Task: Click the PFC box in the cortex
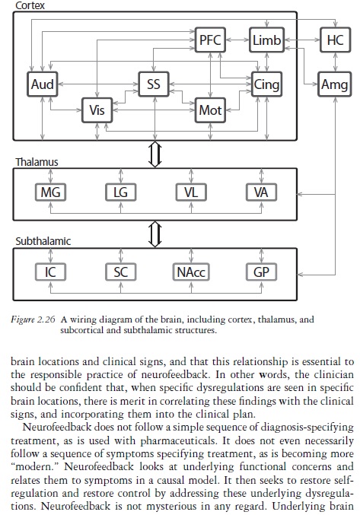[210, 40]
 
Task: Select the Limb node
[266, 40]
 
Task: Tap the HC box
[336, 40]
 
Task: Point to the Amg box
[335, 84]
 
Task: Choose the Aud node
[43, 84]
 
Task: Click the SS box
[154, 84]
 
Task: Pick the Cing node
[266, 84]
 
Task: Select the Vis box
[97, 110]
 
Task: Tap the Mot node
[210, 110]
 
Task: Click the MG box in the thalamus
[50, 192]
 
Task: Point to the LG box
[120, 192]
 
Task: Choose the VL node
[191, 192]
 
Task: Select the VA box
[262, 192]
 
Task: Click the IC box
[50, 272]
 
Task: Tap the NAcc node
[191, 272]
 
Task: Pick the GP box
[262, 272]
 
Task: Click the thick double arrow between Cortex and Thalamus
[155, 154]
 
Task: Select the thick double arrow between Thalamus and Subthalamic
[155, 234]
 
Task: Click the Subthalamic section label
[43, 241]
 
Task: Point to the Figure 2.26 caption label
[33, 319]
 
